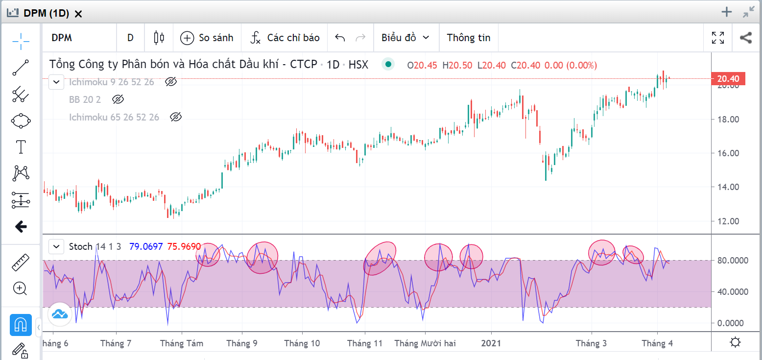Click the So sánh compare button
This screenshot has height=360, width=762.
click(x=207, y=38)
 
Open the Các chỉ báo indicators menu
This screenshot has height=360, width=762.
click(x=285, y=38)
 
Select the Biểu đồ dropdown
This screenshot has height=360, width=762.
click(x=405, y=38)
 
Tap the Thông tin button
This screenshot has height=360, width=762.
click(x=468, y=38)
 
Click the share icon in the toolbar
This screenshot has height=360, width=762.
click(x=745, y=38)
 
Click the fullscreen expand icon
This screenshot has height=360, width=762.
click(x=718, y=38)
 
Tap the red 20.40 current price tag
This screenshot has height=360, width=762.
click(x=728, y=78)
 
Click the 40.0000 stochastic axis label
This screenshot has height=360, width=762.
click(x=734, y=292)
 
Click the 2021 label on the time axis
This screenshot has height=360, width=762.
click(x=492, y=343)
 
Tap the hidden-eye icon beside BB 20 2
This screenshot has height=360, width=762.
click(x=118, y=99)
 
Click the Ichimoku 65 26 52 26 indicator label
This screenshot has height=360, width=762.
click(x=114, y=117)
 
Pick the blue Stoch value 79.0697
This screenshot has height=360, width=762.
click(x=146, y=246)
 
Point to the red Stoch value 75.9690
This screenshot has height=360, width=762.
click(x=184, y=246)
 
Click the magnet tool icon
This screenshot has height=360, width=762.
click(x=21, y=325)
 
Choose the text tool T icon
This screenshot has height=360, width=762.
click(x=21, y=146)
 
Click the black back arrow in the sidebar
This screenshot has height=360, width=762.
click(x=21, y=226)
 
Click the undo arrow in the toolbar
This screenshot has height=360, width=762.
click(x=340, y=38)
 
